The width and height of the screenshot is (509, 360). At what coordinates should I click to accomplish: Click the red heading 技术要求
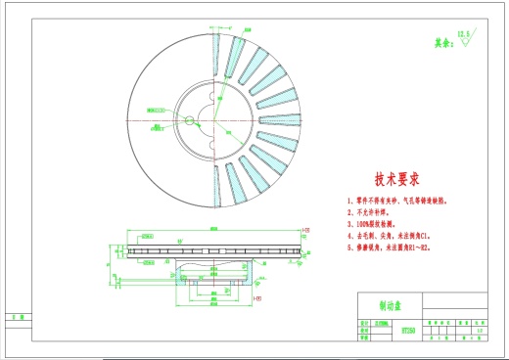pyautogui.click(x=396, y=180)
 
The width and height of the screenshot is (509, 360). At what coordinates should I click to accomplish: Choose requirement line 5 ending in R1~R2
pyautogui.click(x=395, y=247)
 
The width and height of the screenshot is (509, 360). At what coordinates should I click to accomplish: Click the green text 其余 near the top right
pyautogui.click(x=443, y=43)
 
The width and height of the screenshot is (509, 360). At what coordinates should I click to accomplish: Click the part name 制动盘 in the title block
pyautogui.click(x=379, y=303)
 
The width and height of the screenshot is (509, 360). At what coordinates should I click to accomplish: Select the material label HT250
pyautogui.click(x=383, y=332)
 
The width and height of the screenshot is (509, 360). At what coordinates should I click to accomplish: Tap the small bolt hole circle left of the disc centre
pyautogui.click(x=187, y=121)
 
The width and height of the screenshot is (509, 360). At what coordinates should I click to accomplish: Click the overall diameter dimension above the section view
pyautogui.click(x=213, y=229)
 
